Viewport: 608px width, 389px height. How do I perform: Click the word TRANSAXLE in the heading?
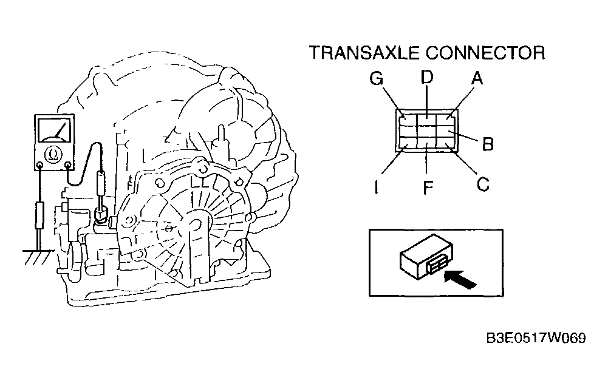point(364,53)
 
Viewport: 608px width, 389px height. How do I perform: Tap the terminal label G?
point(376,79)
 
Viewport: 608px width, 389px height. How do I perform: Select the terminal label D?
point(427,77)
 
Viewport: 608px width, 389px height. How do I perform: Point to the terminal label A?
point(477,78)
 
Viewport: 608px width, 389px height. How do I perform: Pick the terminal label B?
point(488,144)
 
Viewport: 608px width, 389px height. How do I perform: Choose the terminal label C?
point(483,184)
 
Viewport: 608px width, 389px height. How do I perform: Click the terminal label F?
point(428,188)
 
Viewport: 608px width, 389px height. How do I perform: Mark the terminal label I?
point(376,188)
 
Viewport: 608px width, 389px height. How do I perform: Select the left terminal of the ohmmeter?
point(39,166)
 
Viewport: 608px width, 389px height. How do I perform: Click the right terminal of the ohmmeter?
point(68,166)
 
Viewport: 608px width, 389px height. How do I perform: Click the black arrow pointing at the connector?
point(460,279)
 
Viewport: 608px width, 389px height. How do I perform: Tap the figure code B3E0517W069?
point(536,338)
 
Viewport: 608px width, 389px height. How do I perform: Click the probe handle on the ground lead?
point(39,215)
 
